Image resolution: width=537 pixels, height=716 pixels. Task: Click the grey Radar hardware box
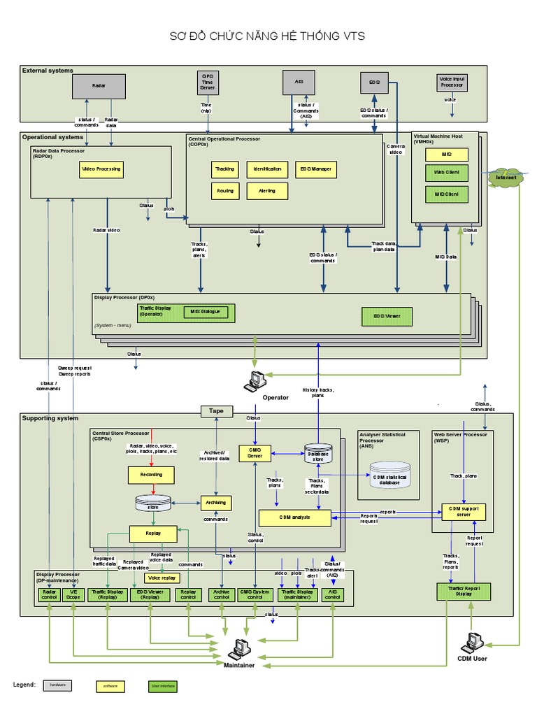pos(99,86)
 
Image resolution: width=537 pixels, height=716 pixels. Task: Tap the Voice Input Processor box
pos(452,83)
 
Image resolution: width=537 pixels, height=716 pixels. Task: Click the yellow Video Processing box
pos(101,169)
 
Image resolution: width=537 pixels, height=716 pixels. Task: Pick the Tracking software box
pos(224,169)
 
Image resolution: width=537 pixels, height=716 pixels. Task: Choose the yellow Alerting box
pos(267,191)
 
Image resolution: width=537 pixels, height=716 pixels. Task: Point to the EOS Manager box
pos(316,169)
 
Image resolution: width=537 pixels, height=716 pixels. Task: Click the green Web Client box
pos(446,172)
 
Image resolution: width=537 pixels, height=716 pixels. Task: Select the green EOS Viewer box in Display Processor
pos(387,317)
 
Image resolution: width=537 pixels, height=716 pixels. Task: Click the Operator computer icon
pos(256,380)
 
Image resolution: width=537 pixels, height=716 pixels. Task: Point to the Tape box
pos(217,411)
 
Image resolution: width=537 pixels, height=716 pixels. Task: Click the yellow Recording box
pos(151,475)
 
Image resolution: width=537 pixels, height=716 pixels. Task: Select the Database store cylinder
pos(318,454)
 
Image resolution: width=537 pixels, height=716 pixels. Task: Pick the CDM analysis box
pos(294,517)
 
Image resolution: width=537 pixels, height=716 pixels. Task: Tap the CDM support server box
pos(464,512)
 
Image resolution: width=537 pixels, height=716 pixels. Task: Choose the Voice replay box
pos(161,578)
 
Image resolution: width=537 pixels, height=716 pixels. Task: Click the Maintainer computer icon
pos(240,648)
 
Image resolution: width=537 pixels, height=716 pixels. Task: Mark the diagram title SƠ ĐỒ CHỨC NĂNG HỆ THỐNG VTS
pos(268,36)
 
